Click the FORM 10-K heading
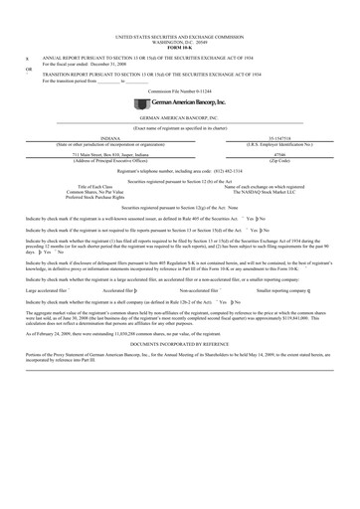pyautogui.click(x=179, y=47)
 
